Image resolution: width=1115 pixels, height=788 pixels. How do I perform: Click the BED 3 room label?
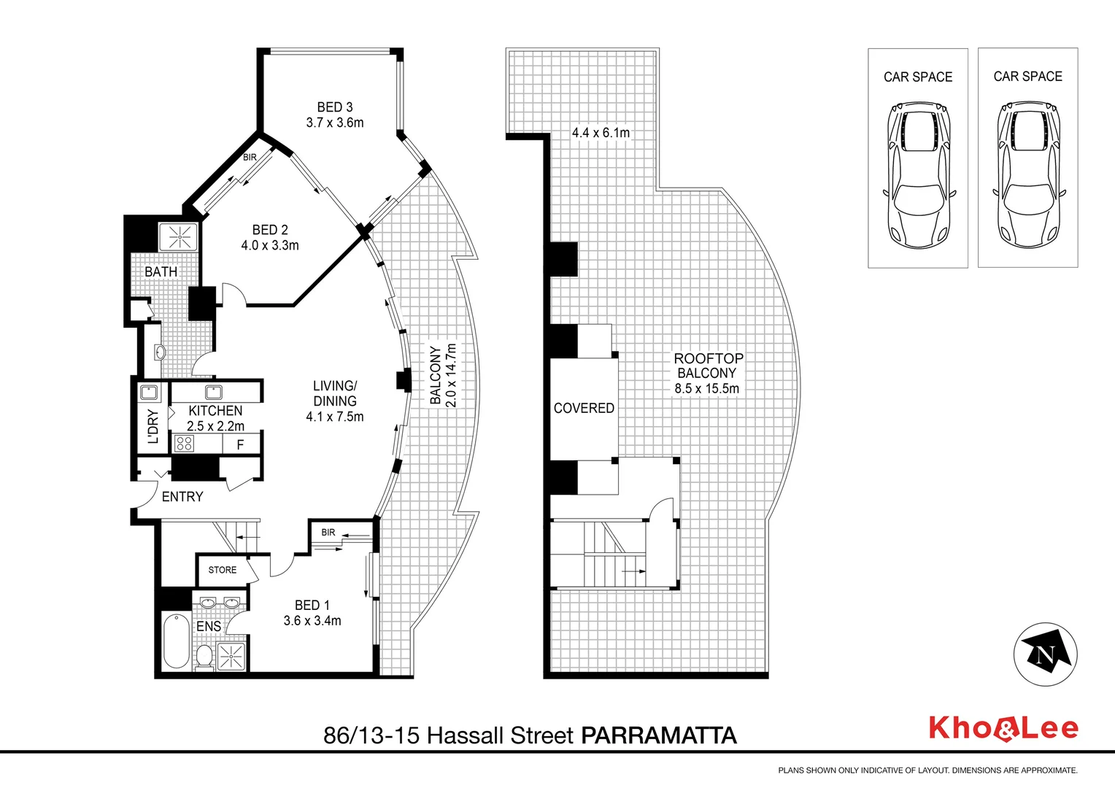(334, 107)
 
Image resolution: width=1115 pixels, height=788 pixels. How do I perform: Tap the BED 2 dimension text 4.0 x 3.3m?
(270, 246)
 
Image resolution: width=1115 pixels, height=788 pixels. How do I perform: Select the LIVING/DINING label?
(335, 393)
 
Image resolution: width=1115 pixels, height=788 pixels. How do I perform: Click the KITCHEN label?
(215, 411)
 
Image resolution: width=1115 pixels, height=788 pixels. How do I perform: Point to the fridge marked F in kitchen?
(240, 444)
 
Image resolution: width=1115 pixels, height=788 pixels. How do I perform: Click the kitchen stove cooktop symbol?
(184, 443)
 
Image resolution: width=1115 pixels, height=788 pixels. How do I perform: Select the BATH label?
(161, 271)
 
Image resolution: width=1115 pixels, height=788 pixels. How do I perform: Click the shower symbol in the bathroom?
(179, 236)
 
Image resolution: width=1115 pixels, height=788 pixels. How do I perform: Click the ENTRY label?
(182, 497)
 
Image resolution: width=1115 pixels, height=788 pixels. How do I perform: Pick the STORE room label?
(223, 570)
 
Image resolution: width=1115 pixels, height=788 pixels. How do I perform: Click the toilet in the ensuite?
(204, 656)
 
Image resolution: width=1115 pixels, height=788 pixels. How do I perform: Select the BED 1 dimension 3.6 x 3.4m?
(312, 621)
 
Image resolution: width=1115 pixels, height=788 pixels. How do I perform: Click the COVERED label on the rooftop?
(584, 409)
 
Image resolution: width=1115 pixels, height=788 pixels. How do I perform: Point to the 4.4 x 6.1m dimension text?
(601, 133)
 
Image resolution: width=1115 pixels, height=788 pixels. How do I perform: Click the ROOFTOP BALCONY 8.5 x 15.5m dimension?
(706, 389)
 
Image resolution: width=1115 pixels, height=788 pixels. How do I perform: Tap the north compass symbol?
(1046, 654)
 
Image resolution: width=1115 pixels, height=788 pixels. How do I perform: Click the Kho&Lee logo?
(1003, 729)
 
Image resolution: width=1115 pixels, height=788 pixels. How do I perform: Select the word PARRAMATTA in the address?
(658, 735)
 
